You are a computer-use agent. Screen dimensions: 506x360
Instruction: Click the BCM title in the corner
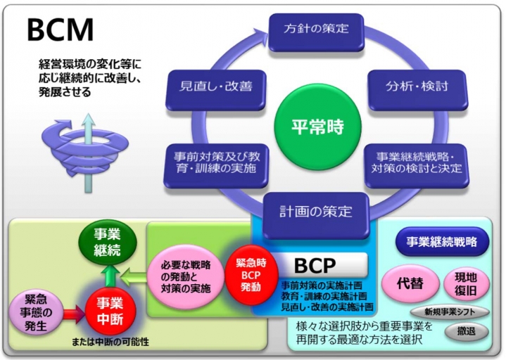click(61, 30)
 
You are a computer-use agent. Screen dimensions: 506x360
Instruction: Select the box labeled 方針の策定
click(317, 32)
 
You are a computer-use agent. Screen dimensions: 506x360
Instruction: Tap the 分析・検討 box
click(417, 89)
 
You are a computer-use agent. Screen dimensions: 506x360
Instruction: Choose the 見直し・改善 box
click(215, 89)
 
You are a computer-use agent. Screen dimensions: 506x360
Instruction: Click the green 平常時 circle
click(317, 127)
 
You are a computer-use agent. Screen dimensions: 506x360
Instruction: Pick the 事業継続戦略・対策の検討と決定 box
click(417, 165)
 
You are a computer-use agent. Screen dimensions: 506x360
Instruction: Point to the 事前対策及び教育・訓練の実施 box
click(216, 165)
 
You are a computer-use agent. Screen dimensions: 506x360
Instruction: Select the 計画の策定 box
click(316, 215)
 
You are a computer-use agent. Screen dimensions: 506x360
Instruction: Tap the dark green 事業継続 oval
click(108, 242)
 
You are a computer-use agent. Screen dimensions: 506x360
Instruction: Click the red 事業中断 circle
click(110, 311)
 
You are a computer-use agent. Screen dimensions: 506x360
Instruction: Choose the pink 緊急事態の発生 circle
click(35, 313)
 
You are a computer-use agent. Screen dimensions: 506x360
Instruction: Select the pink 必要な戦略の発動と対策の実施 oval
click(186, 276)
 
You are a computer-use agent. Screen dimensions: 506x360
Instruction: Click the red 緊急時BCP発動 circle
click(251, 275)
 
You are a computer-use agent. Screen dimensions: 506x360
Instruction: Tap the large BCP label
click(315, 265)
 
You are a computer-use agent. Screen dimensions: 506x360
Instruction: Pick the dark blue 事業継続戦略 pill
click(442, 241)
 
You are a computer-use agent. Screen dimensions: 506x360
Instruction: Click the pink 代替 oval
click(410, 283)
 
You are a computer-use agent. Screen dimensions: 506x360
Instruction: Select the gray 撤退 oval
click(466, 331)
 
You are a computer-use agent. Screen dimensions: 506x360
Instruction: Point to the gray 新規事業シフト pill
click(450, 311)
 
